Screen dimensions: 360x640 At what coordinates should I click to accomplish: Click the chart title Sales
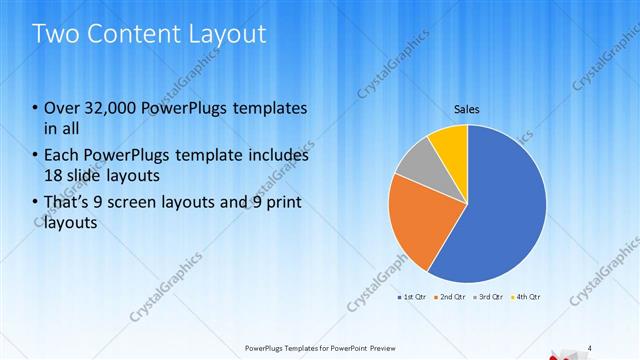(467, 108)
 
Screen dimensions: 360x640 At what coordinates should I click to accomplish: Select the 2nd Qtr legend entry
(450, 297)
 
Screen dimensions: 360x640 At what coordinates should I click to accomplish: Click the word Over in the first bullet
(62, 108)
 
